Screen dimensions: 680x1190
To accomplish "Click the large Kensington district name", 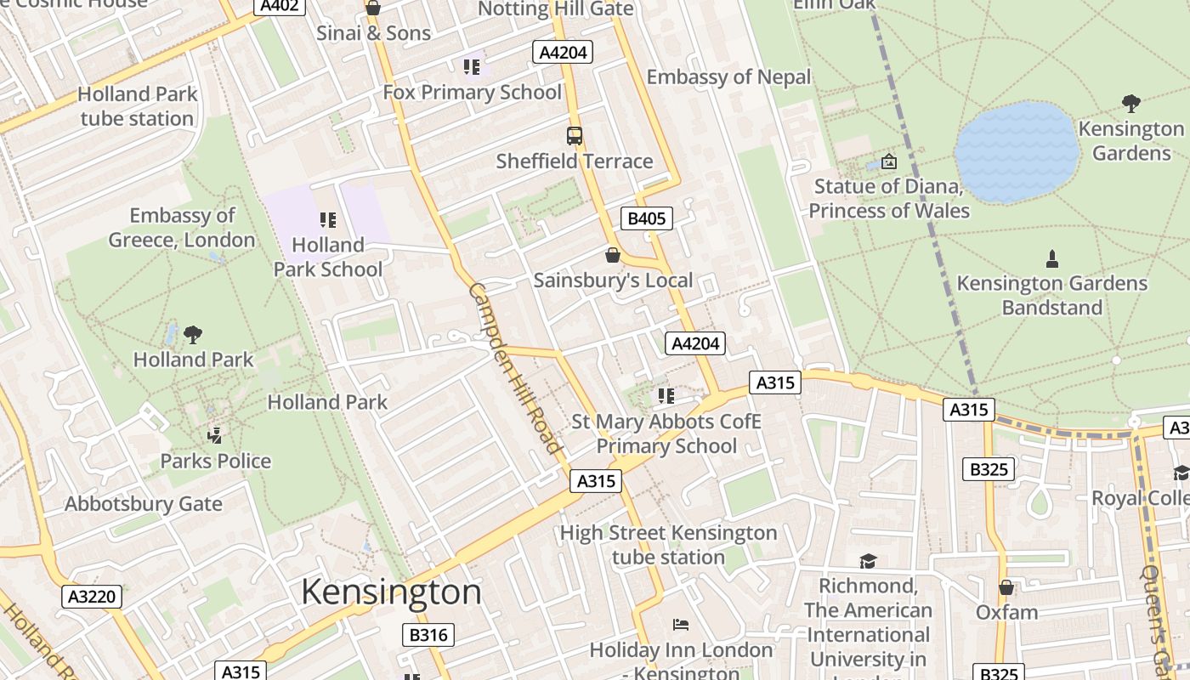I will coord(391,592).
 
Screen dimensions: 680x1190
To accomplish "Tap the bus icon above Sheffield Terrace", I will coord(575,135).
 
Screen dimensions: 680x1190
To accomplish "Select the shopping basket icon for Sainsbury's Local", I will coord(612,255).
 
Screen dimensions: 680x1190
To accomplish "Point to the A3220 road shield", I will coord(92,597).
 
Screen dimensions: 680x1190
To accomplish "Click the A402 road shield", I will coord(280,7).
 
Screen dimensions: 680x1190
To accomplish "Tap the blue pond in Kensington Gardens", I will coord(1017,152).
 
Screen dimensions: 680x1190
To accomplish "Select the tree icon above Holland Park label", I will coord(193,334).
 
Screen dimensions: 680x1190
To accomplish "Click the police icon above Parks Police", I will coord(215,436).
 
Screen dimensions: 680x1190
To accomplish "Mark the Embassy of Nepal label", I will coord(728,77).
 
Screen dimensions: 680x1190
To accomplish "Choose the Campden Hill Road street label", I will coord(514,367).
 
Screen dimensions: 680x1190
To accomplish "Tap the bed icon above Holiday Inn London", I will coord(681,625).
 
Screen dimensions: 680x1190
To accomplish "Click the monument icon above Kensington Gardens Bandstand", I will coord(1052,258).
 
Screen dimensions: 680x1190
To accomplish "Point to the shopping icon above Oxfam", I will coord(1006,587).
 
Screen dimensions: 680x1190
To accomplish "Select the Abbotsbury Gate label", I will coord(144,504).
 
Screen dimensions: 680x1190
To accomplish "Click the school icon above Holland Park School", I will coord(328,220).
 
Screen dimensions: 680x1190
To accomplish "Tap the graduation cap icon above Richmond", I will coord(868,561).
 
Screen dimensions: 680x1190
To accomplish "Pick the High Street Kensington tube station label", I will coord(668,545).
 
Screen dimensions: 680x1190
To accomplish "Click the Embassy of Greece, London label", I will coord(182,228).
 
